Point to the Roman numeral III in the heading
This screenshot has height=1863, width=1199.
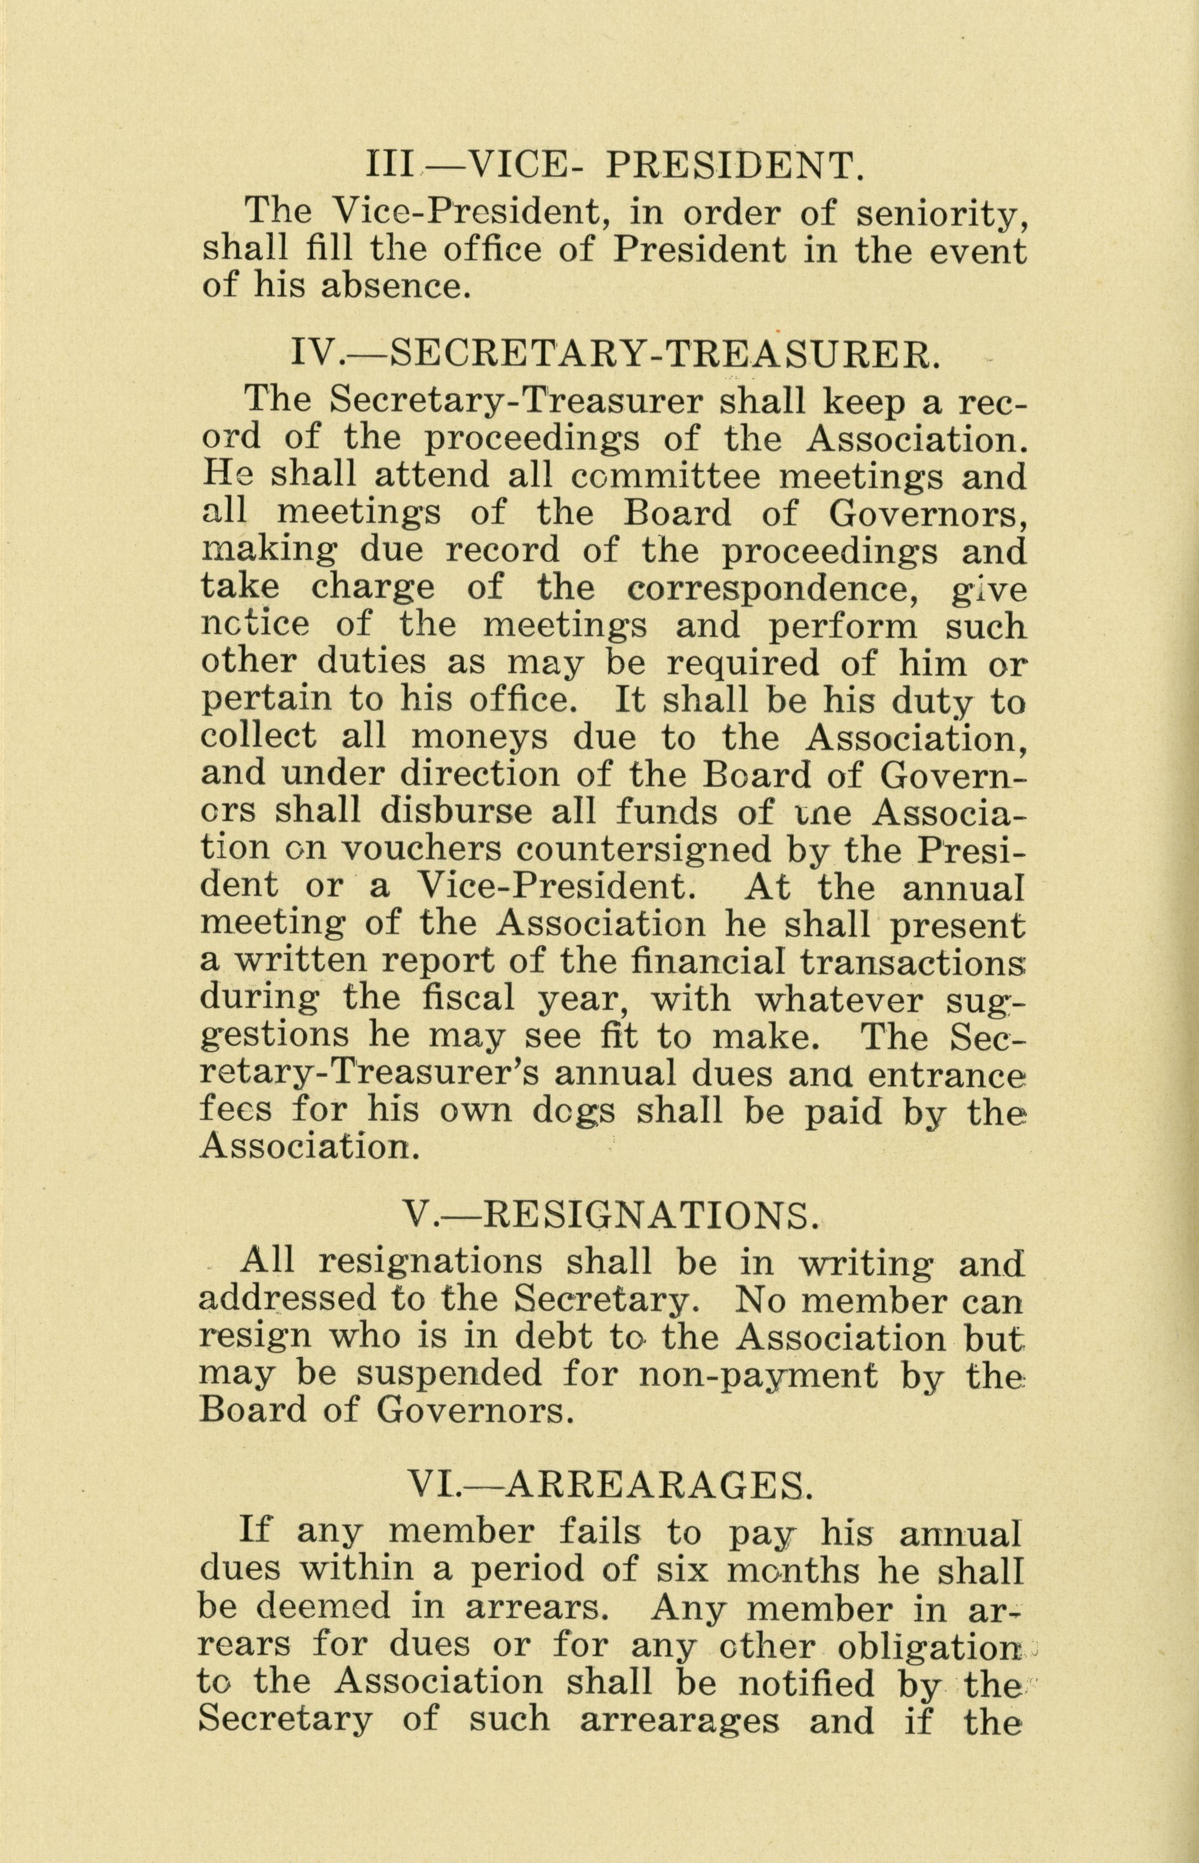391,166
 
